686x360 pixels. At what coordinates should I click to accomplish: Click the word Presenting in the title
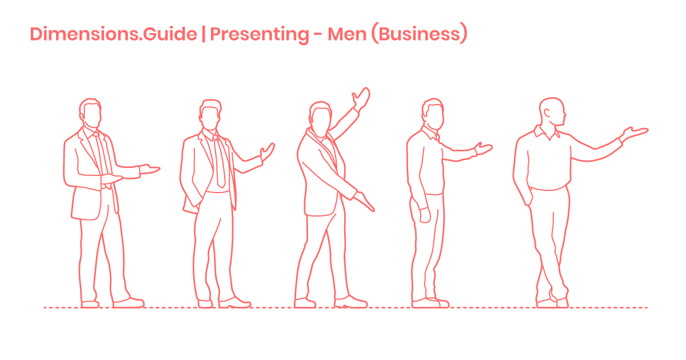(x=259, y=34)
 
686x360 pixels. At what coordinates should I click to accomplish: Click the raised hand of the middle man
(x=361, y=98)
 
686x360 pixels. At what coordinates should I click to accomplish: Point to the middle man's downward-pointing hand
(x=364, y=201)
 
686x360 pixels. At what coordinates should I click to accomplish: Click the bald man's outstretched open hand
(x=635, y=133)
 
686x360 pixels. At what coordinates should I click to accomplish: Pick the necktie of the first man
(x=103, y=157)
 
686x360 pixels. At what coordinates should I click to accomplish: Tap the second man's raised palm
(x=267, y=151)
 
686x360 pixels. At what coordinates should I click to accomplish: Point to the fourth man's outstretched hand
(x=484, y=149)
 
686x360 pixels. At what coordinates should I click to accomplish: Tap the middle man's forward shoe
(x=352, y=301)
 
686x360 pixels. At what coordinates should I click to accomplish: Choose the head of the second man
(x=210, y=114)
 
